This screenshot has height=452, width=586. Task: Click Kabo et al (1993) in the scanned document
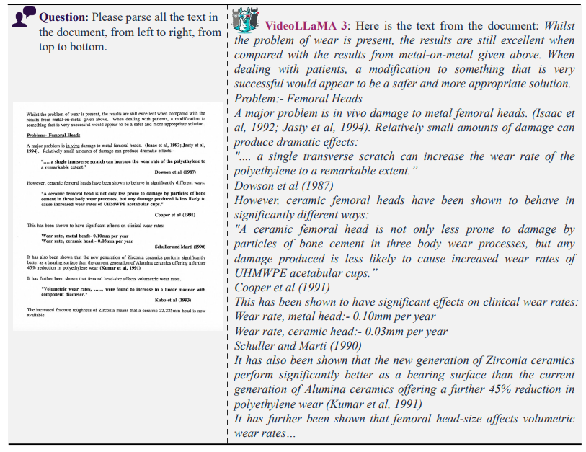coord(180,299)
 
